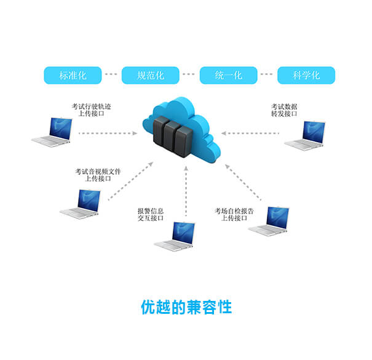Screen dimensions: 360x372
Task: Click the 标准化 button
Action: click(x=73, y=75)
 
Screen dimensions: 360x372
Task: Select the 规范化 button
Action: click(x=150, y=75)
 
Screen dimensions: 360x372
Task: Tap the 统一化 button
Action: click(x=228, y=75)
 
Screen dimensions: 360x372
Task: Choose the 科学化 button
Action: click(x=306, y=75)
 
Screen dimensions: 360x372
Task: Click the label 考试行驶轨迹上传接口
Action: click(x=91, y=110)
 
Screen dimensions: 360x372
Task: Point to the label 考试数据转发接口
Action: click(x=284, y=110)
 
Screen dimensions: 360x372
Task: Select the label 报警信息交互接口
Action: click(x=151, y=214)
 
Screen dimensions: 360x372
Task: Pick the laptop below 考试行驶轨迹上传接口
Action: click(x=53, y=132)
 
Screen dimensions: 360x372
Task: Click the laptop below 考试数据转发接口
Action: click(x=306, y=135)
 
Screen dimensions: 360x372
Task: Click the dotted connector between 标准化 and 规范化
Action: click(x=111, y=75)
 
